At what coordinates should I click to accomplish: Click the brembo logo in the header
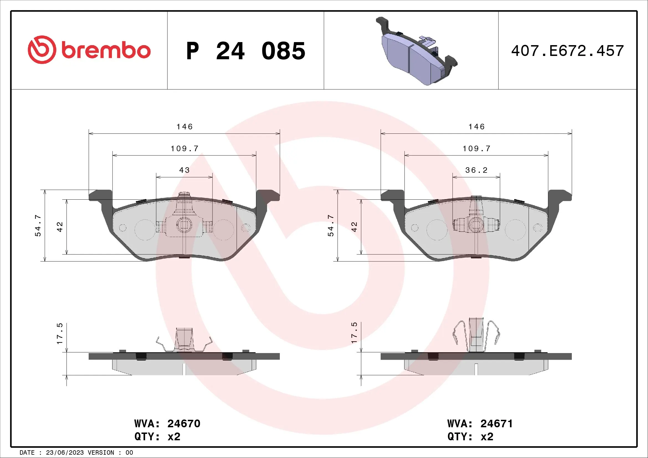pos(89,50)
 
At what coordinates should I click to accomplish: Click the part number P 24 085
pos(245,51)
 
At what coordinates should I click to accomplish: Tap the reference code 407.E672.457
pos(567,51)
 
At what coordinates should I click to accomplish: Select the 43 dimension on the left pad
pos(184,170)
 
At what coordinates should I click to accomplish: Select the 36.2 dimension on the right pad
pos(476,170)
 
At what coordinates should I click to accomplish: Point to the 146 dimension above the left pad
pos(185,127)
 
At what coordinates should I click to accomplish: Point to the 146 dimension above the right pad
pos(477,127)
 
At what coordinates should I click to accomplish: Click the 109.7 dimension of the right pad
pos(477,148)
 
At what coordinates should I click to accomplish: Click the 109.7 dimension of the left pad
pos(185,148)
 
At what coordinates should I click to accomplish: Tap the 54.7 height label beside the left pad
pos(38,225)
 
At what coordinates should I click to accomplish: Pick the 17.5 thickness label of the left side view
pos(60,333)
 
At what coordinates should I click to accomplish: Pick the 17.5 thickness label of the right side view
pos(354,333)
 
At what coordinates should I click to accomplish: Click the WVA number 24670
pos(184,424)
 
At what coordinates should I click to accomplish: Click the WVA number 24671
pos(496,424)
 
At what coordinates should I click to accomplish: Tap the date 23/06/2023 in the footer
pos(65,453)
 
